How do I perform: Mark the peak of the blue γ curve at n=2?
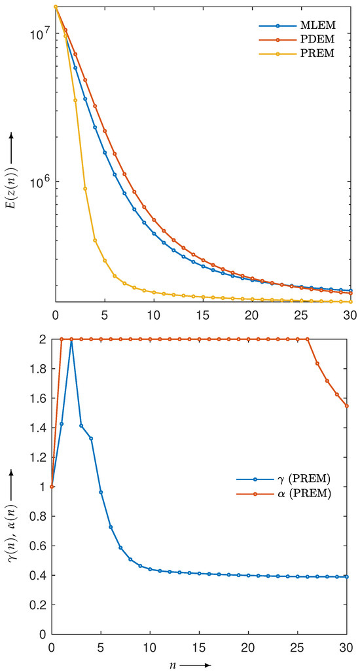tap(71, 339)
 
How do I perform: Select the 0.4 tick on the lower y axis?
tap(40, 575)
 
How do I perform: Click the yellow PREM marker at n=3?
tap(85, 189)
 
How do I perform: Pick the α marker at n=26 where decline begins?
tap(308, 339)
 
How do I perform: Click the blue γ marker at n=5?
tap(101, 492)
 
